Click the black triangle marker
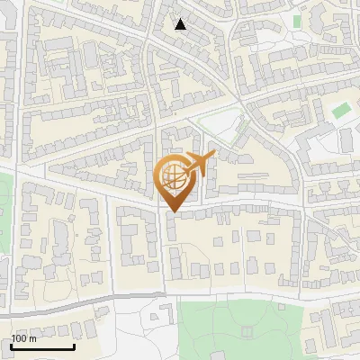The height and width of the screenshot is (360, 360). click(181, 24)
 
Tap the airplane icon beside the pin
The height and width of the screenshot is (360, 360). click(199, 164)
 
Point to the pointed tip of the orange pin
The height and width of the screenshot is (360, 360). click(173, 211)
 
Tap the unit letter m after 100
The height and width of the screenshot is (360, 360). click(33, 339)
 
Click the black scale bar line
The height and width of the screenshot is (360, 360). click(42, 347)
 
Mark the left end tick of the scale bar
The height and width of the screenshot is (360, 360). click(11, 346)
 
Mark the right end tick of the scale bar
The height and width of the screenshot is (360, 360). click(74, 346)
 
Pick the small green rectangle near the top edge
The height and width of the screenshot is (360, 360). click(296, 20)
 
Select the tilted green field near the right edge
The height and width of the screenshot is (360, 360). click(340, 112)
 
